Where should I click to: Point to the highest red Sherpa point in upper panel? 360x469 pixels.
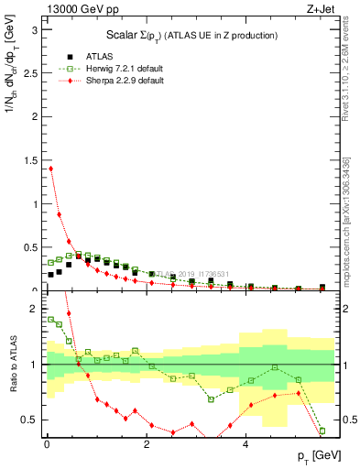[50, 169]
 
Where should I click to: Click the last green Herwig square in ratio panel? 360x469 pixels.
[322, 431]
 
